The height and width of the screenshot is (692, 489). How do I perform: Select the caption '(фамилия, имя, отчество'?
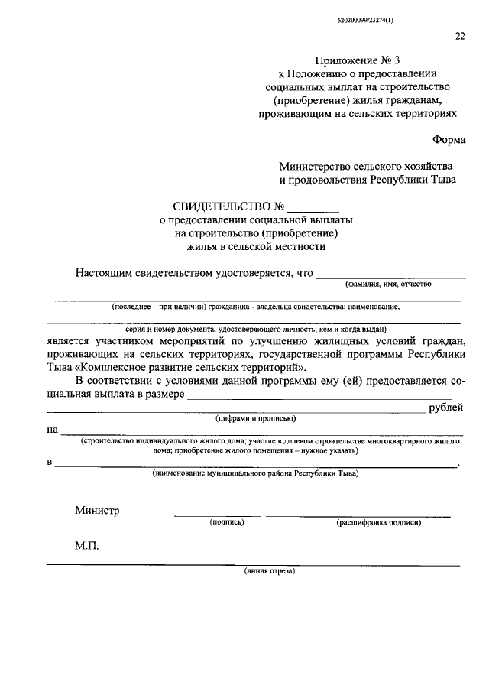[x=388, y=284]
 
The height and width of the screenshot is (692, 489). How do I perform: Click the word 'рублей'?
[x=445, y=408]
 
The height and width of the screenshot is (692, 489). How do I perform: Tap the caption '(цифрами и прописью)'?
[x=254, y=419]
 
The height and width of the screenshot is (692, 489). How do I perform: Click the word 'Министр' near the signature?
[x=97, y=511]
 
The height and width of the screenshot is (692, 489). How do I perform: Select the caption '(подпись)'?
[x=226, y=523]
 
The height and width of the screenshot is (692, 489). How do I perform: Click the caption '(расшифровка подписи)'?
[x=378, y=523]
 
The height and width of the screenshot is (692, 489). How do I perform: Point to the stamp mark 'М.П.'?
[x=87, y=547]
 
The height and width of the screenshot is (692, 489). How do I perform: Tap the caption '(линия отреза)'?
[x=269, y=571]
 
